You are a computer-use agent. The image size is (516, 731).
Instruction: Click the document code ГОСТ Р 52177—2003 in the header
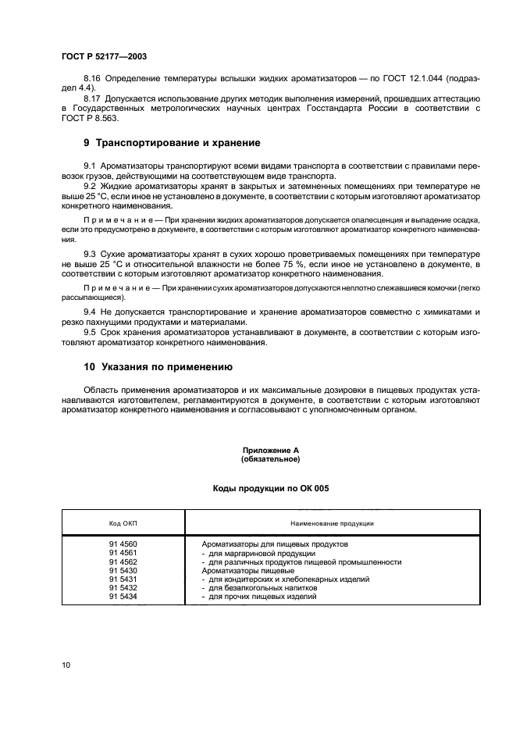[x=104, y=56]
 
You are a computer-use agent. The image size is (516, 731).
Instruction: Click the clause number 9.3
[x=91, y=255]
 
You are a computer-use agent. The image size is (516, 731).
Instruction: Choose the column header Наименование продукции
[x=332, y=522]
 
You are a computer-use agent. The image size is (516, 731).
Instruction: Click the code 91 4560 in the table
[x=123, y=544]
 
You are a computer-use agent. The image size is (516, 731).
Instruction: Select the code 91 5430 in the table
[x=123, y=570]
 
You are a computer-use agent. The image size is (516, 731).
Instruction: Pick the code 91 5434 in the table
[x=123, y=597]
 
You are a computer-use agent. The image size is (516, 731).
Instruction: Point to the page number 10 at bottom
[x=66, y=665]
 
